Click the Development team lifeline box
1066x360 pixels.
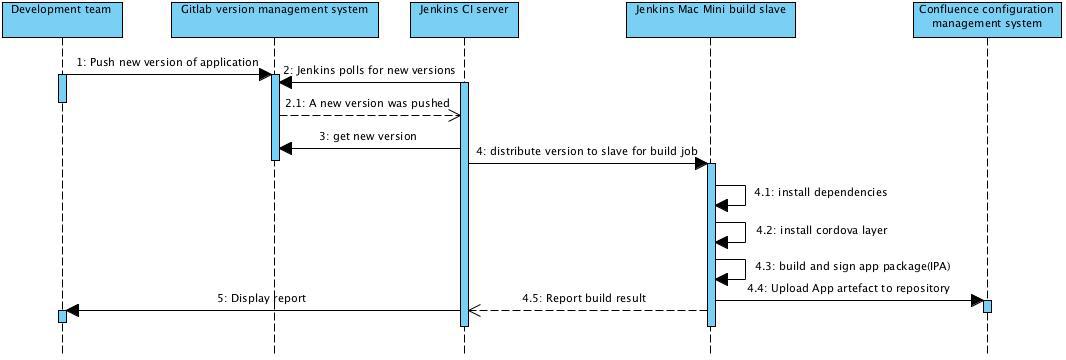61,20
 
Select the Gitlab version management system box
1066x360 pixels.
274,20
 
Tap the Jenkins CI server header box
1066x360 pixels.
464,20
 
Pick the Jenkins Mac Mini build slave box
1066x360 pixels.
711,20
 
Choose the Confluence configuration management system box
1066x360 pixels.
986,20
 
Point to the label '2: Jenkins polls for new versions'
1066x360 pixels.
369,70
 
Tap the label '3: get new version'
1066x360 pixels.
368,136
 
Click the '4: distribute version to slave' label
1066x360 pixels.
587,151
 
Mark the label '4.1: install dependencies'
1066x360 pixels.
820,192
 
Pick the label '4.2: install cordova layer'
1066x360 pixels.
820,230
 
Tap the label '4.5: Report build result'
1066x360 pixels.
583,298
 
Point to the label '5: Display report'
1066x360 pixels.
261,298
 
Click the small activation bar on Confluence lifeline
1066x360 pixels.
987,306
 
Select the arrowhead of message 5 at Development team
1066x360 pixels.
72,311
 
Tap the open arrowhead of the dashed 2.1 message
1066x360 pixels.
455,115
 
